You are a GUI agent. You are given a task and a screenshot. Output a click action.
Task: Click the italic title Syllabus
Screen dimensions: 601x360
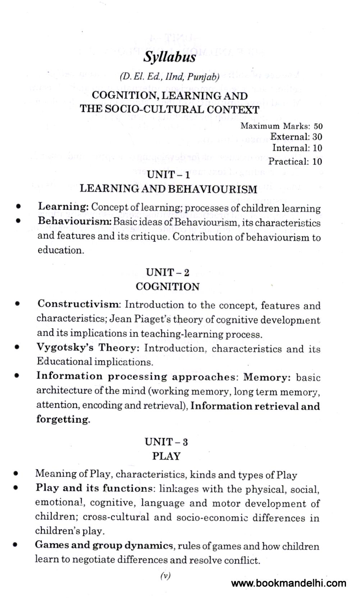tap(170, 57)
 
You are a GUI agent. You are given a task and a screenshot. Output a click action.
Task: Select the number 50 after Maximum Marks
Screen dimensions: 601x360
tap(318, 126)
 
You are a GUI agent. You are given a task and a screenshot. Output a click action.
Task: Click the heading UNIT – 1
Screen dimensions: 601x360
tap(168, 176)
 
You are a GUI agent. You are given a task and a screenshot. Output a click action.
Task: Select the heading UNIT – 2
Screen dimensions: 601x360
tap(168, 272)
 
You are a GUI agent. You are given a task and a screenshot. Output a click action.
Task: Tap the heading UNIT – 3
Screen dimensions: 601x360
tap(167, 442)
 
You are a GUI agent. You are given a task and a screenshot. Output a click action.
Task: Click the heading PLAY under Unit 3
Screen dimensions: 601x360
tap(166, 456)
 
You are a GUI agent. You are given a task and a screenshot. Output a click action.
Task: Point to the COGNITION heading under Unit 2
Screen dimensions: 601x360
tap(168, 287)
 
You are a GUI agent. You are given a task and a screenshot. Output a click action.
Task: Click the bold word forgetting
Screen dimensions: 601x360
tap(63, 420)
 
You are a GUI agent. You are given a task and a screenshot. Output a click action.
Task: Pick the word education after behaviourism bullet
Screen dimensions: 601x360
tap(61, 250)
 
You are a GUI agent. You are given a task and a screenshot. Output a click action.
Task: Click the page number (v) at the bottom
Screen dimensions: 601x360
tap(165, 576)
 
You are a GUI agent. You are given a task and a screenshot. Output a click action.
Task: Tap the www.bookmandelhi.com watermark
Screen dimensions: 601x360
tap(289, 583)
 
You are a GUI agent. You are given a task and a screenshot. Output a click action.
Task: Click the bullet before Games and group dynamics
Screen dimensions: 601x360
tap(15, 545)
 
